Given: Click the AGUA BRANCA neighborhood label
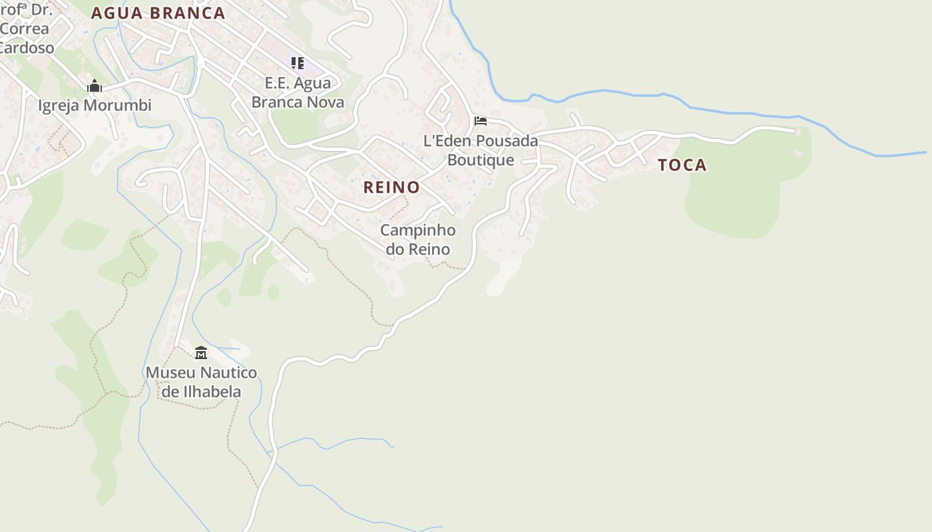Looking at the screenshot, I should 158,13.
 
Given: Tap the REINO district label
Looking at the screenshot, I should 391,188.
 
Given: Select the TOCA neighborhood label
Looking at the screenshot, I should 682,166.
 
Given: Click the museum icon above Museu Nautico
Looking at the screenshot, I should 201,352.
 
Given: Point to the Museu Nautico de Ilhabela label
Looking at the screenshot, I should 201,382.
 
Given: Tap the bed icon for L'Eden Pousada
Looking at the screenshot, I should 481,121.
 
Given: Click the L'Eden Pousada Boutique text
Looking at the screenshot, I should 481,150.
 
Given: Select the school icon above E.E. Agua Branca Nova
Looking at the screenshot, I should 298,63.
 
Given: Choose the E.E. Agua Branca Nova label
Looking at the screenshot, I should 298,92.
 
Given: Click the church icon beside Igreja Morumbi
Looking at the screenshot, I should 95,86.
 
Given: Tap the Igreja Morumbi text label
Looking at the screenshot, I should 95,106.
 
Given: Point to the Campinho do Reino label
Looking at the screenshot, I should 418,239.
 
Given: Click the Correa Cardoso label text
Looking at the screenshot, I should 25,38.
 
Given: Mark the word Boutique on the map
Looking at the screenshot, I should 481,160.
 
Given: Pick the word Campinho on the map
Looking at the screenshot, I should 418,230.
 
